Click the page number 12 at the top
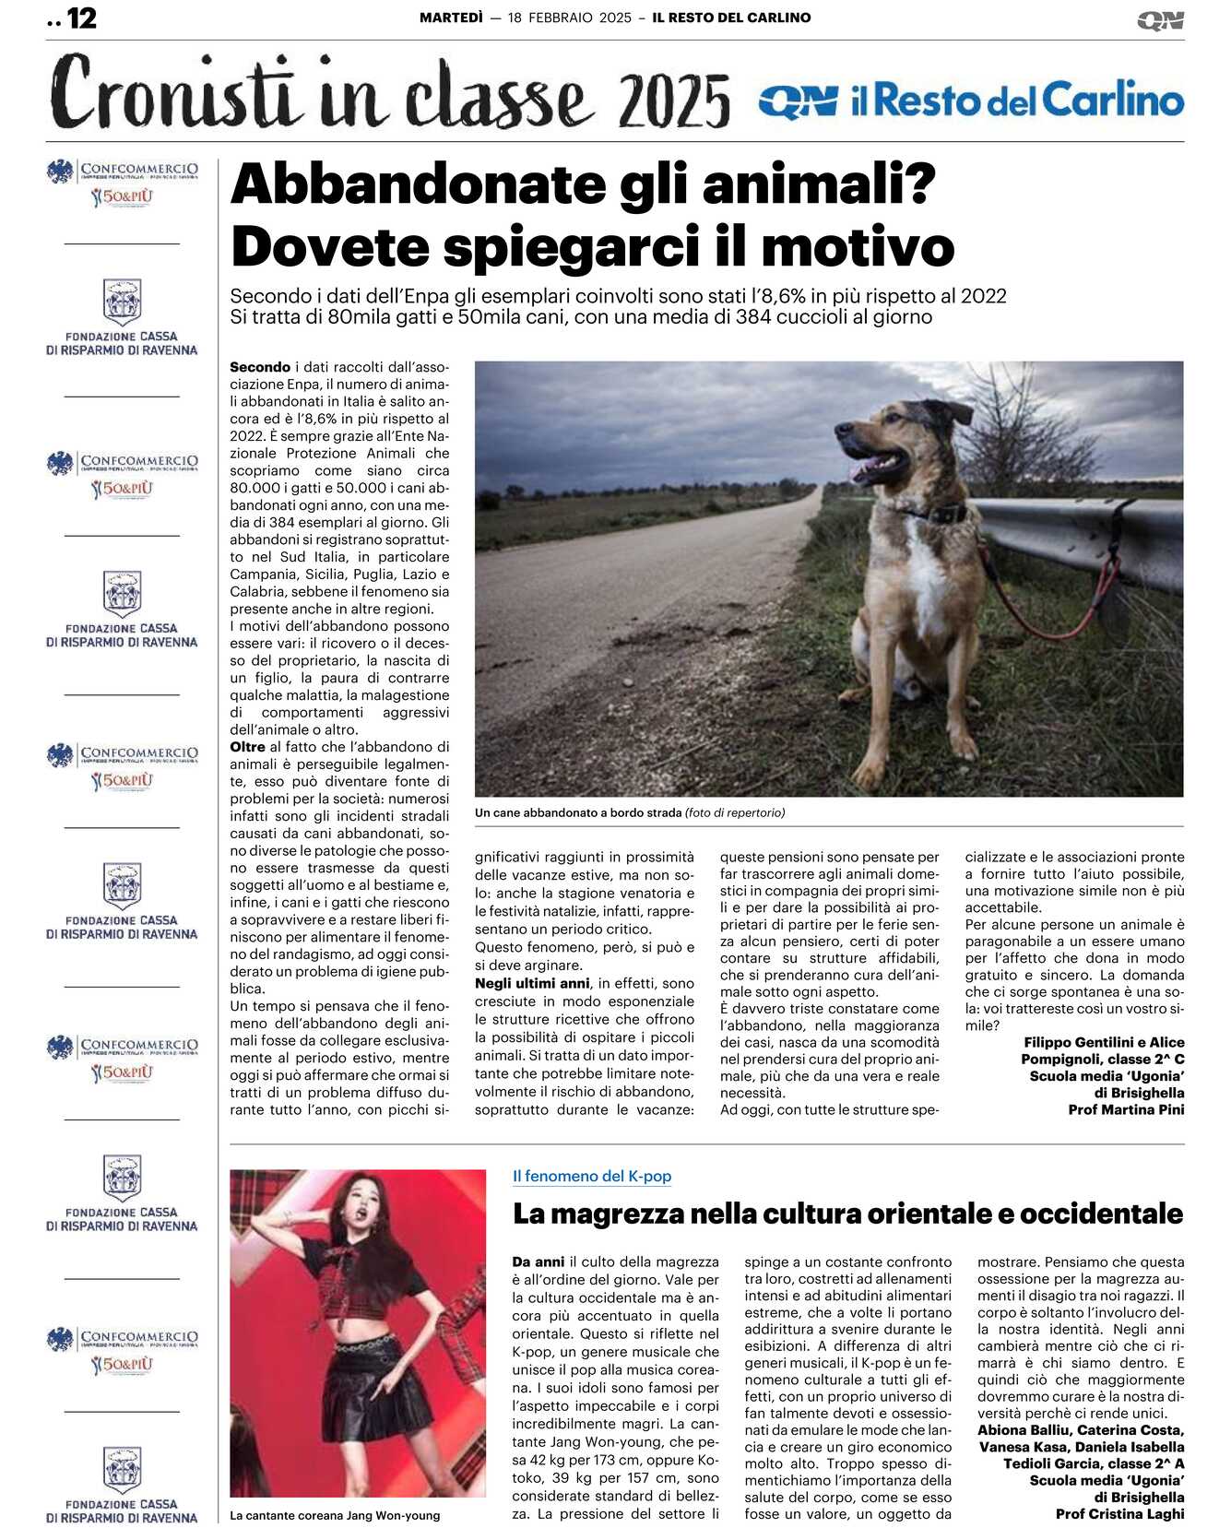click(x=81, y=18)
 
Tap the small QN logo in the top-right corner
click(x=1160, y=20)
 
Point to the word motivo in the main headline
click(x=858, y=247)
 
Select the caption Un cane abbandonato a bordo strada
click(x=578, y=813)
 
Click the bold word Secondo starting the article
click(x=260, y=367)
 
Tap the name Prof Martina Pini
click(x=1126, y=1109)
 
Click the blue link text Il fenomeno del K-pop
click(x=591, y=1177)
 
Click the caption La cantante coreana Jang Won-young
click(x=335, y=1515)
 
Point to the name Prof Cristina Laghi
click(x=1119, y=1513)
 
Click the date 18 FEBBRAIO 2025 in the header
click(x=569, y=18)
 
